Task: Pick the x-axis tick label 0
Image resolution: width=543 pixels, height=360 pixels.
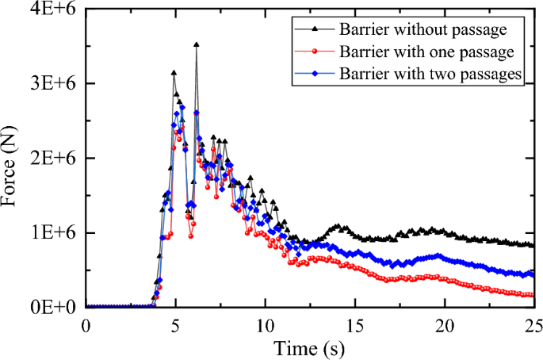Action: point(86,325)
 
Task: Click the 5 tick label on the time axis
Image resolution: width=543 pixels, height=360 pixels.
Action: point(175,325)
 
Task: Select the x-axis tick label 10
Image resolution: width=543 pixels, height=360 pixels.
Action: point(265,325)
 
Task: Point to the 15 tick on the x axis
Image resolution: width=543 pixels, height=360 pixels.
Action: point(354,325)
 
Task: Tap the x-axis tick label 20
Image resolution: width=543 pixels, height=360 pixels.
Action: point(444,325)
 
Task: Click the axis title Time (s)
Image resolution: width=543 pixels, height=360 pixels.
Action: point(309,347)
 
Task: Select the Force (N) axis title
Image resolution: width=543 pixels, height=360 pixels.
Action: point(14,159)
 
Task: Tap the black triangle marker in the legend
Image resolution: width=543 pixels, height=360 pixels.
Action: point(315,30)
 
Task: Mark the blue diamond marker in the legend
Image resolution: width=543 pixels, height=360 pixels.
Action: point(315,74)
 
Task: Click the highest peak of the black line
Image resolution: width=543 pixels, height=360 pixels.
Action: point(196,45)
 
